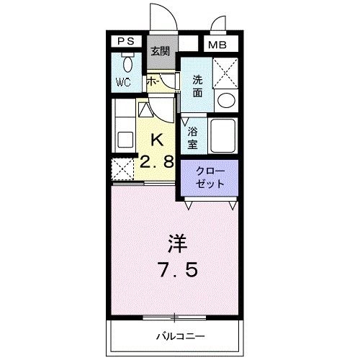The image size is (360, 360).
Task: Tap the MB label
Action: click(216, 45)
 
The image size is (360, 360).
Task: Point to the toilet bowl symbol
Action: click(126, 63)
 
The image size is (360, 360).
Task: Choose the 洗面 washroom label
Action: click(197, 86)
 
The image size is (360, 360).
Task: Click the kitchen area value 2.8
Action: click(158, 162)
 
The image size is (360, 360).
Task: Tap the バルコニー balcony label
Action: click(179, 336)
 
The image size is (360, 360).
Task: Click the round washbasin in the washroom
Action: click(226, 100)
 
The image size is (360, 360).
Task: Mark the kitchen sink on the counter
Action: click(122, 136)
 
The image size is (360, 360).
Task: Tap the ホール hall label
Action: click(153, 82)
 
